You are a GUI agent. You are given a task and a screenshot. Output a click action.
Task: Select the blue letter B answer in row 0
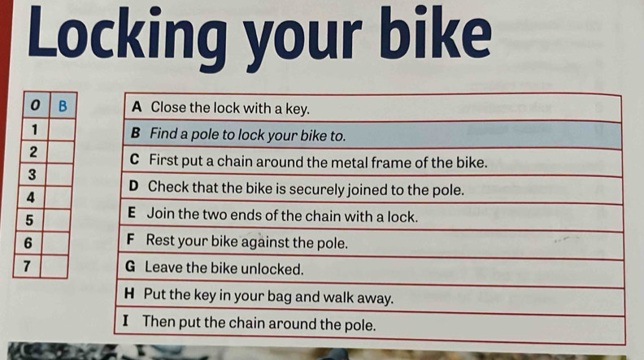click(x=63, y=106)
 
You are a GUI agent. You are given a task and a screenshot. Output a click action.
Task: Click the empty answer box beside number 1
click(x=62, y=130)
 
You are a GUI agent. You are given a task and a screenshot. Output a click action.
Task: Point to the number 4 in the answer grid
click(x=30, y=197)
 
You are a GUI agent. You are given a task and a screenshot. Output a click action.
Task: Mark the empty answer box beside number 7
click(x=54, y=267)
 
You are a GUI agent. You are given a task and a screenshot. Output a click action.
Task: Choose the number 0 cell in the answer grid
click(x=36, y=106)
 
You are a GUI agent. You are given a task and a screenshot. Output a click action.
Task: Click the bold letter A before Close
click(x=137, y=107)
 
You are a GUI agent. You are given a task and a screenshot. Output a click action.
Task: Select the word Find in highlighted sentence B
click(x=163, y=133)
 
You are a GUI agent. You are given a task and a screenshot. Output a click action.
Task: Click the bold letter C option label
click(x=134, y=159)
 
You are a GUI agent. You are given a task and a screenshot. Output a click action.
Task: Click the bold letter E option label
click(x=132, y=213)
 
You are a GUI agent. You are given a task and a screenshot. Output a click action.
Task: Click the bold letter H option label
click(x=129, y=293)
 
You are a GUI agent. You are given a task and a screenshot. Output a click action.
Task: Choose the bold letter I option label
click(x=125, y=320)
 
